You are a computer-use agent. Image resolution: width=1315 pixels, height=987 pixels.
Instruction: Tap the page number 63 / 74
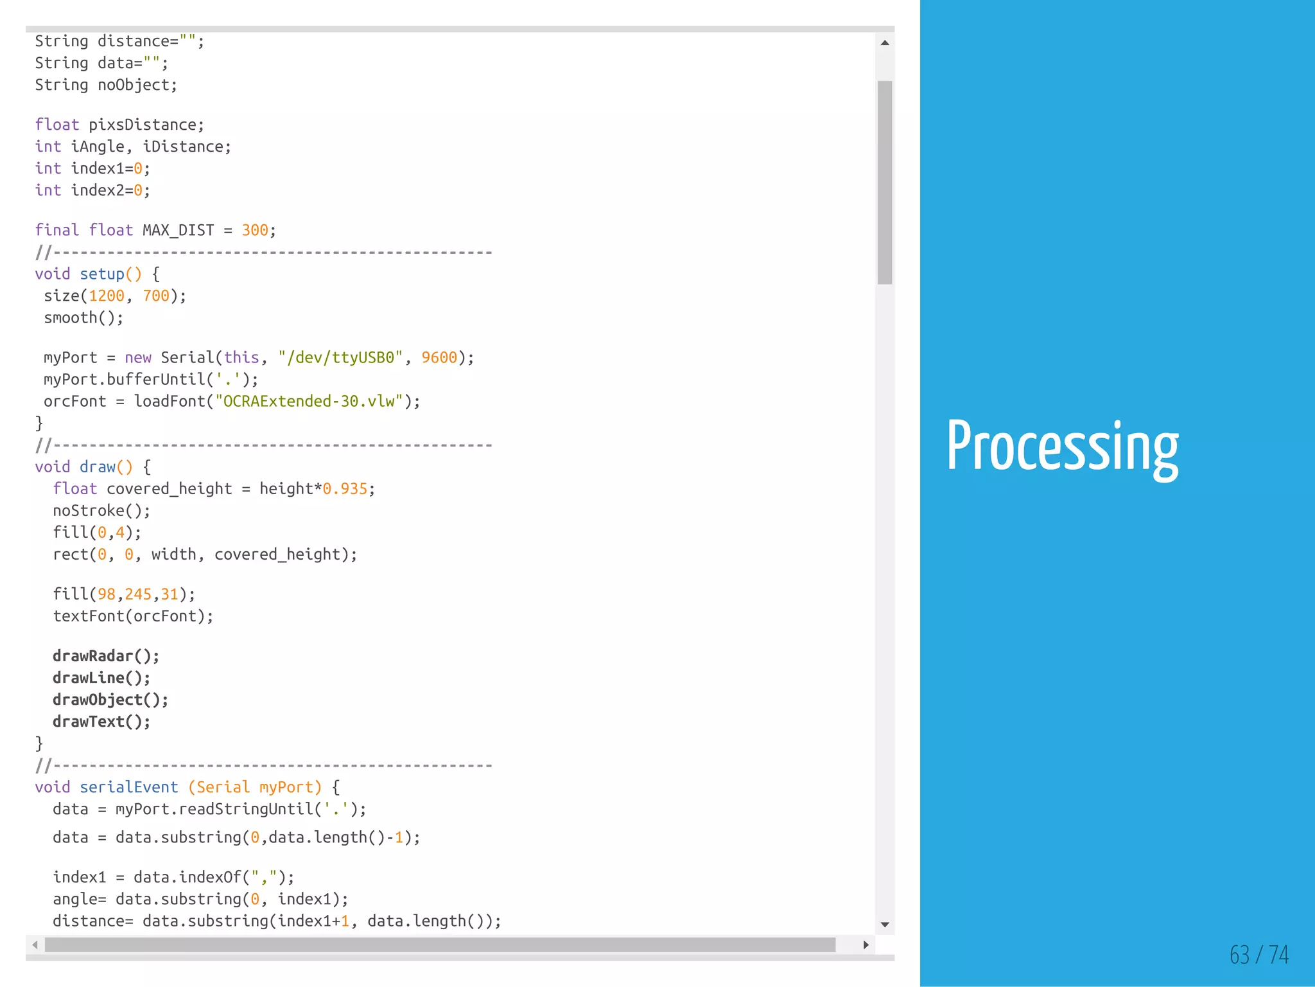pyautogui.click(x=1258, y=954)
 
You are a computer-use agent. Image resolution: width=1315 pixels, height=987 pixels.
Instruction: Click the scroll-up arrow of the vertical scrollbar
pyautogui.click(x=885, y=43)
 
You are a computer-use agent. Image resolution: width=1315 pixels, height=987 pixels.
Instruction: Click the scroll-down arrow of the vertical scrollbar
pyautogui.click(x=885, y=925)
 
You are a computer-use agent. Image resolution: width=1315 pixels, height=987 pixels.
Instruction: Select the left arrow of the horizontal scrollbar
pyautogui.click(x=35, y=945)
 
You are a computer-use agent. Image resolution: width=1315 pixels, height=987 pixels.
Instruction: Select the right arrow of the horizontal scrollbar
pyautogui.click(x=866, y=945)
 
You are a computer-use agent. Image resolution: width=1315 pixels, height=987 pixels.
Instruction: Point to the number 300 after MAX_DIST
pyautogui.click(x=255, y=230)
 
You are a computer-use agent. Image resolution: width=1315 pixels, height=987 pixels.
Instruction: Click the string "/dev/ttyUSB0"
pyautogui.click(x=340, y=357)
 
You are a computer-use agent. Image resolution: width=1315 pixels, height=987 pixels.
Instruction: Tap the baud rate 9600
pyautogui.click(x=439, y=357)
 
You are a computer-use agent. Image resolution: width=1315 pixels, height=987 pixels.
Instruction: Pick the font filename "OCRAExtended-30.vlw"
pyautogui.click(x=309, y=401)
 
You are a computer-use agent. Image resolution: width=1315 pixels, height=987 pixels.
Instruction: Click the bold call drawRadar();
pyautogui.click(x=106, y=656)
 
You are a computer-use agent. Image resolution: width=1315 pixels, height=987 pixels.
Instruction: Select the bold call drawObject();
pyautogui.click(x=110, y=700)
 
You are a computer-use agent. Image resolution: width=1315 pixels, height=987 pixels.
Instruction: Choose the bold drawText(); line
pyautogui.click(x=101, y=722)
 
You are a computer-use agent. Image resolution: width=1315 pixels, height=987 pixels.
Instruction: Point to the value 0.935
pyautogui.click(x=345, y=489)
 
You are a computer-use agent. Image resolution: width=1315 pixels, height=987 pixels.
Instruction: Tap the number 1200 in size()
pyautogui.click(x=106, y=296)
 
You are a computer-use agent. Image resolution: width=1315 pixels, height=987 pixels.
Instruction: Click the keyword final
pyautogui.click(x=57, y=230)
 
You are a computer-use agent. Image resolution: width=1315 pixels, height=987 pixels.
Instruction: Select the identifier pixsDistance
pyautogui.click(x=143, y=125)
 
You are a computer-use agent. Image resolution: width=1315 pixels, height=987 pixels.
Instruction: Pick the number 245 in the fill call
pyautogui.click(x=138, y=594)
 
